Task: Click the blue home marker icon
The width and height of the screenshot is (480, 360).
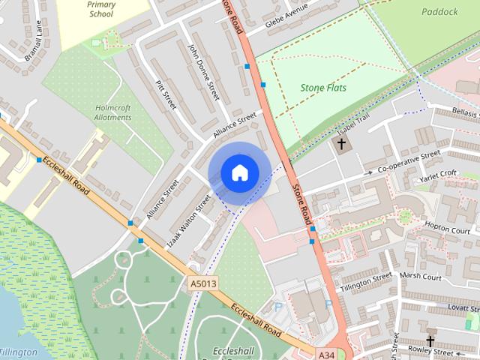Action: (x=239, y=172)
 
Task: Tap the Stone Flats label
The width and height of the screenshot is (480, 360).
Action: (x=323, y=88)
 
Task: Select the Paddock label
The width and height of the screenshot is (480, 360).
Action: (x=439, y=12)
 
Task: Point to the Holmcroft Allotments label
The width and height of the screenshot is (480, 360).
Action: (x=113, y=112)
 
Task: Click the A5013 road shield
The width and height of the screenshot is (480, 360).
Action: (x=202, y=283)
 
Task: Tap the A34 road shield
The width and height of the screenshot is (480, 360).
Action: (x=325, y=353)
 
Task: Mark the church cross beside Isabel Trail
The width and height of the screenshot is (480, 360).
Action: (x=341, y=142)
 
